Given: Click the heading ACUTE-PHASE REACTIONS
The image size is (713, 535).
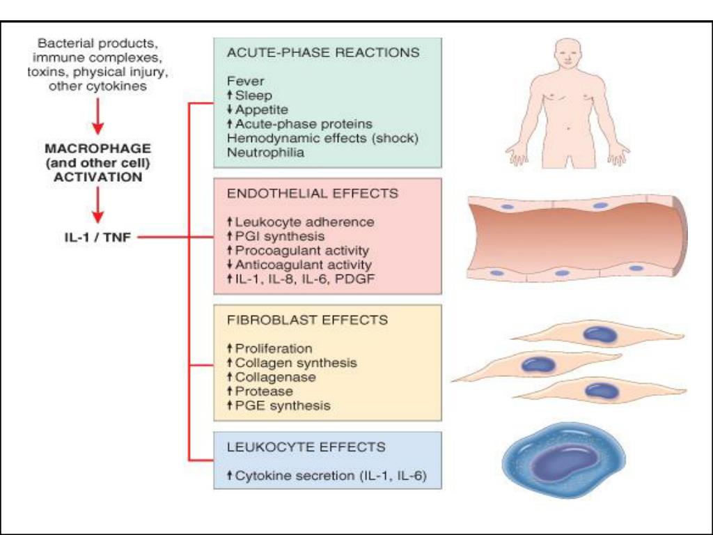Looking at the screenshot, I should tap(323, 53).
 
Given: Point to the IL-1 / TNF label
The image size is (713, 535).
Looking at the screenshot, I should tap(95, 237).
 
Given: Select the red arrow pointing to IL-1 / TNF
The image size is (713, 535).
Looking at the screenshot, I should tap(98, 206).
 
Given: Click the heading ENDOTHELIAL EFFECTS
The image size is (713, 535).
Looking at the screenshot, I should tap(313, 194).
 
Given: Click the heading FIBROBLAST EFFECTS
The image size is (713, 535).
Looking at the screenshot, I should tap(308, 320).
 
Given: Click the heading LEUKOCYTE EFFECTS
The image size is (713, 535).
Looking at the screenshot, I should tap(306, 447).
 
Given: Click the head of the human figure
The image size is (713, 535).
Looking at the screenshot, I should tap(568, 54).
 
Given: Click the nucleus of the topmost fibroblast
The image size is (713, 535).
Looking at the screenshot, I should tap(600, 335).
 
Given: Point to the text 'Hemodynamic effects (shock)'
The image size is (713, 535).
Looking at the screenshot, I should tap(323, 138).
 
